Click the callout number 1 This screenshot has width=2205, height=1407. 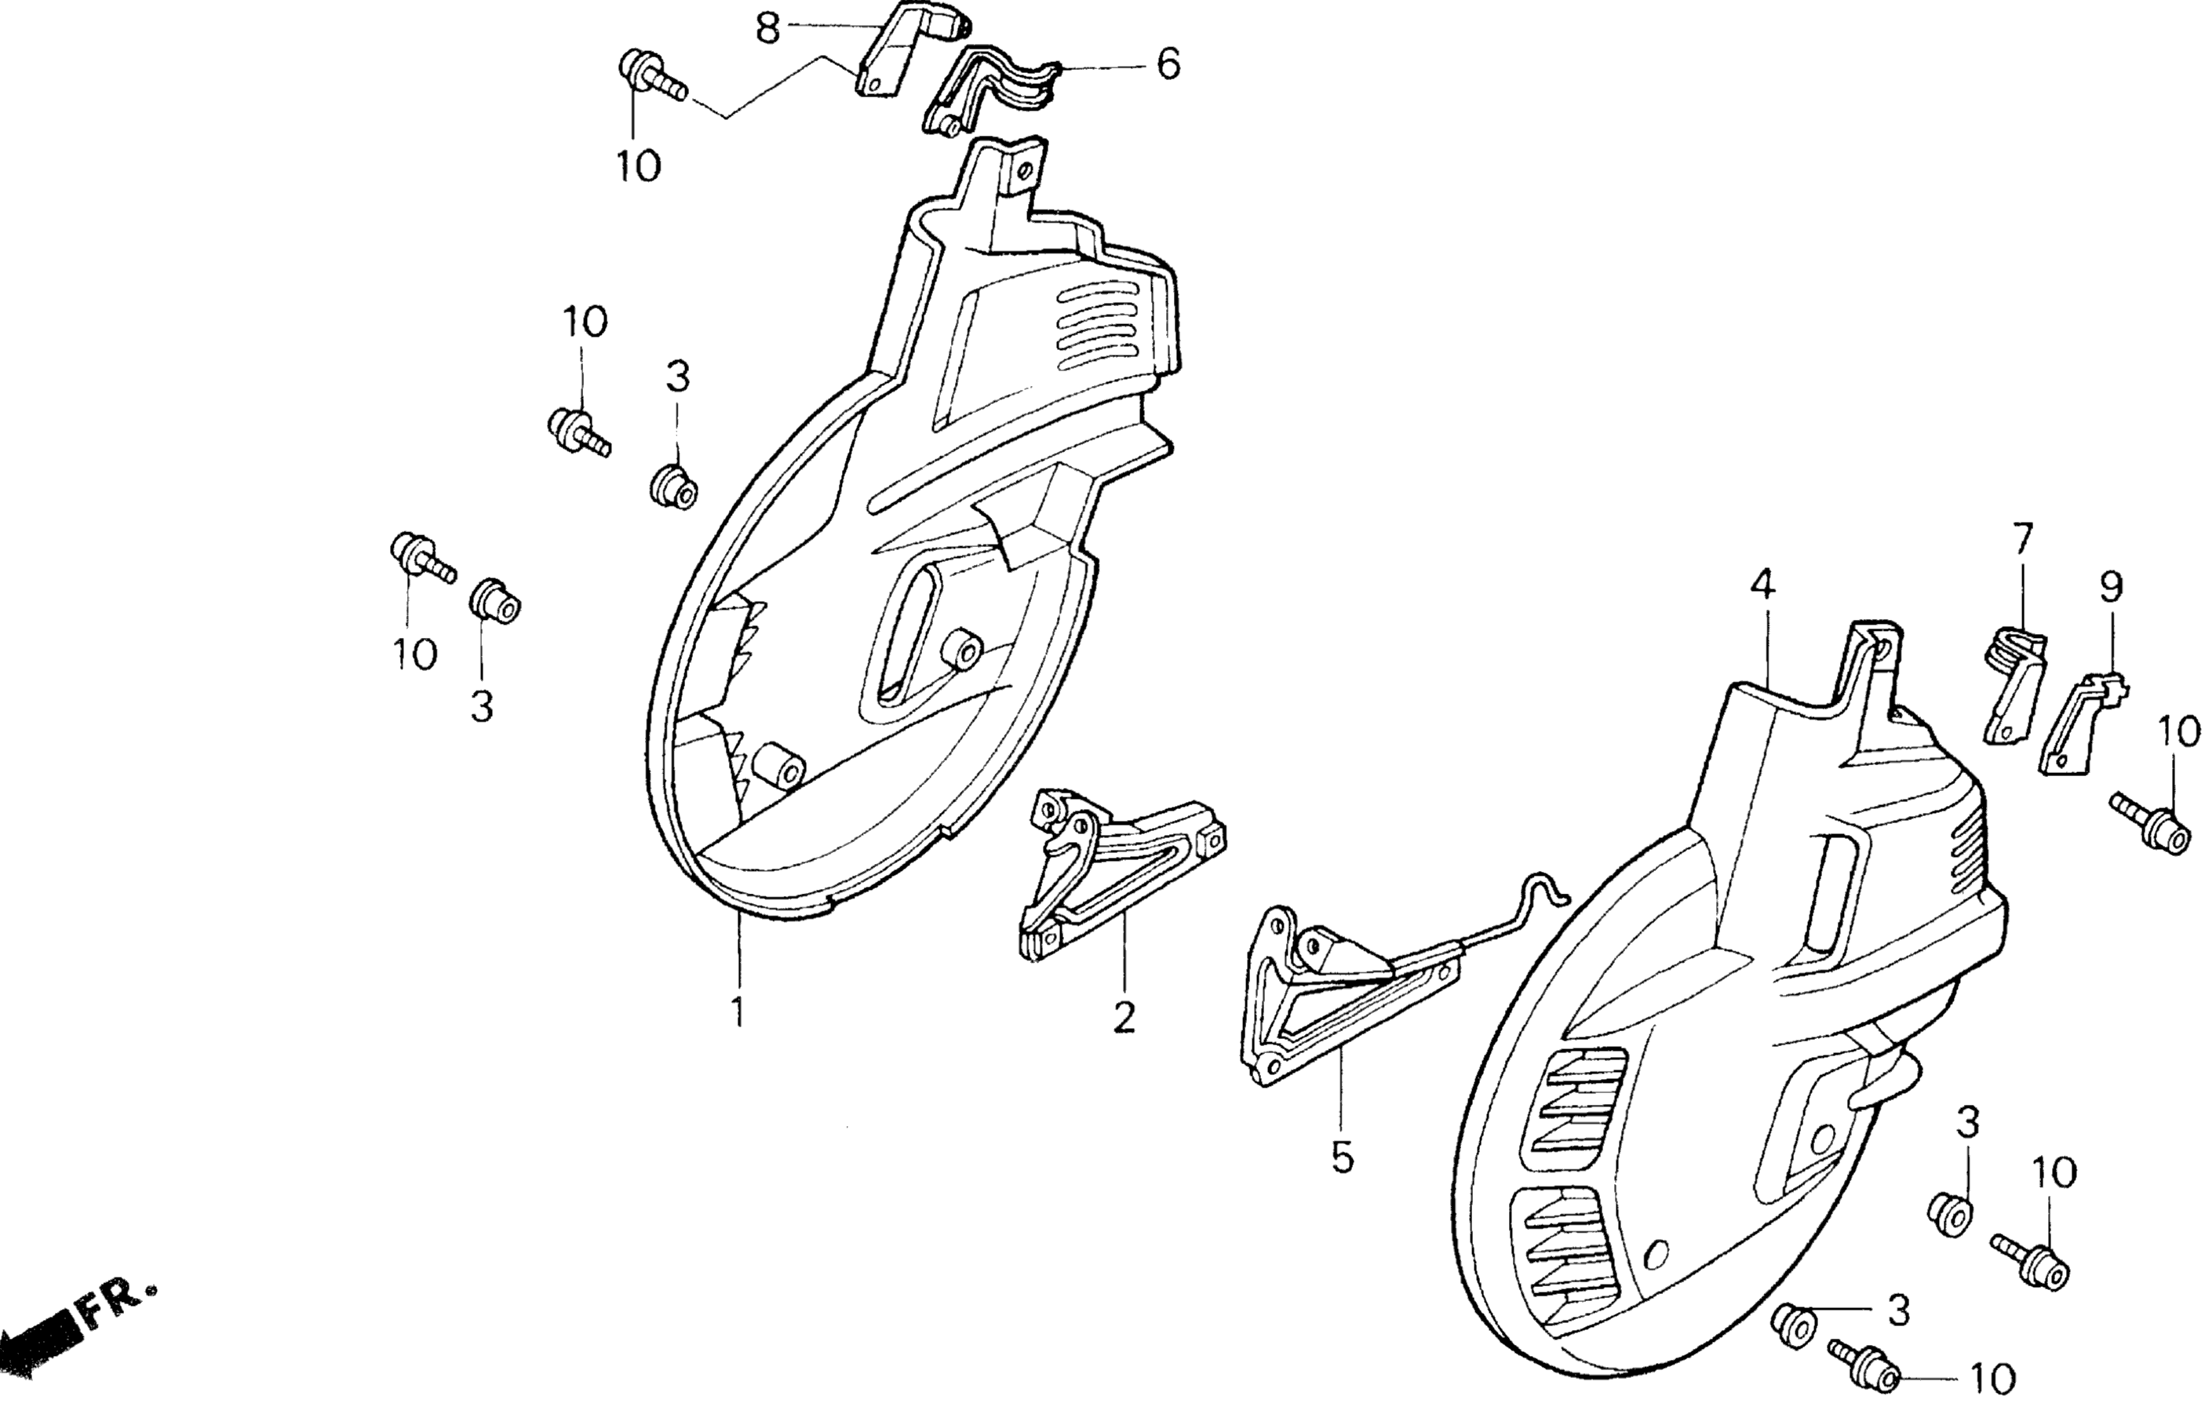pos(737,1012)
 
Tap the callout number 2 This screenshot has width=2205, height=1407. pos(1124,1018)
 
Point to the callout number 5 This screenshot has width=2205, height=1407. pos(1342,1157)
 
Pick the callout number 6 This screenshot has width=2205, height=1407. pos(1168,64)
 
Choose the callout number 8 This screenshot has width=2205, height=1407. pos(767,27)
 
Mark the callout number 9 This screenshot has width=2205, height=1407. pos(2111,585)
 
